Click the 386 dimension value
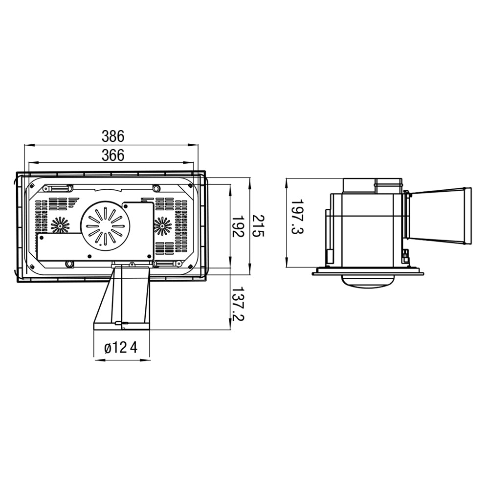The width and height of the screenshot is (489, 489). coord(113,136)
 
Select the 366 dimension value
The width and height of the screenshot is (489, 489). coord(113,155)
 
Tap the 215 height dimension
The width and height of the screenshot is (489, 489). coord(258,225)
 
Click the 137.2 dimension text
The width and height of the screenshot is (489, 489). coord(238,304)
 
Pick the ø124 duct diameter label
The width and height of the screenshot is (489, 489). coord(121,348)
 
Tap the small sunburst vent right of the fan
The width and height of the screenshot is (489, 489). coord(162,225)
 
